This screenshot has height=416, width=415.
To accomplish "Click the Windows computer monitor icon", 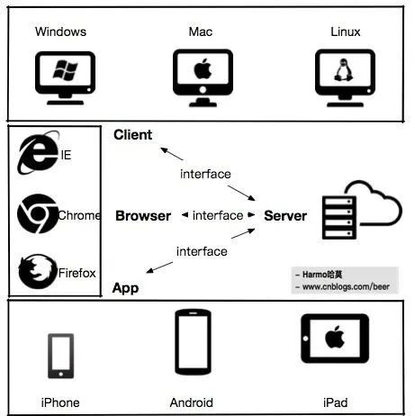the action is [x=65, y=78].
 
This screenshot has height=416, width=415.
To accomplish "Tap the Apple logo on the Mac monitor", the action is [x=203, y=69].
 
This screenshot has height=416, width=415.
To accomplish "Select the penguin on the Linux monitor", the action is [x=344, y=70].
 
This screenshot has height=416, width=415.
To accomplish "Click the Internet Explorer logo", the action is [x=38, y=152].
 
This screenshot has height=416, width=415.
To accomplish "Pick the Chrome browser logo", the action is [x=38, y=213].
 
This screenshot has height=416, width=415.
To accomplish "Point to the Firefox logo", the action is [x=38, y=271].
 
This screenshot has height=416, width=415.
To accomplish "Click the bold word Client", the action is [x=133, y=135].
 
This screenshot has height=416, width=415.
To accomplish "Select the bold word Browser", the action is [x=143, y=216].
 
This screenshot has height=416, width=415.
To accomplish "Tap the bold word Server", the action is [x=285, y=216].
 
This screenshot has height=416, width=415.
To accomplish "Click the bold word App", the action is [x=125, y=288].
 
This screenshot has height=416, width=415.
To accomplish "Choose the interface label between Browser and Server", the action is [x=218, y=215].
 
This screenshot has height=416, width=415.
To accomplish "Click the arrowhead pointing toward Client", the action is [x=164, y=149].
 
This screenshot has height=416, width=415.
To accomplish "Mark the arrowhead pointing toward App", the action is [x=149, y=270].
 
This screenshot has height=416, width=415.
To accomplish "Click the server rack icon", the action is [x=339, y=218].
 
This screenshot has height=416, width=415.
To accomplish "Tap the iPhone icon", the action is [x=61, y=356].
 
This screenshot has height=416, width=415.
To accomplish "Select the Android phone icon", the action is [x=193, y=342].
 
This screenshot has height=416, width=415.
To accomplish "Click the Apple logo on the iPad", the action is [x=335, y=337].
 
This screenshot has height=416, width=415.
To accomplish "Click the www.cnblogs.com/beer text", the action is [x=346, y=286].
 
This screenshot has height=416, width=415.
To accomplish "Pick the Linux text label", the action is [x=346, y=32].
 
